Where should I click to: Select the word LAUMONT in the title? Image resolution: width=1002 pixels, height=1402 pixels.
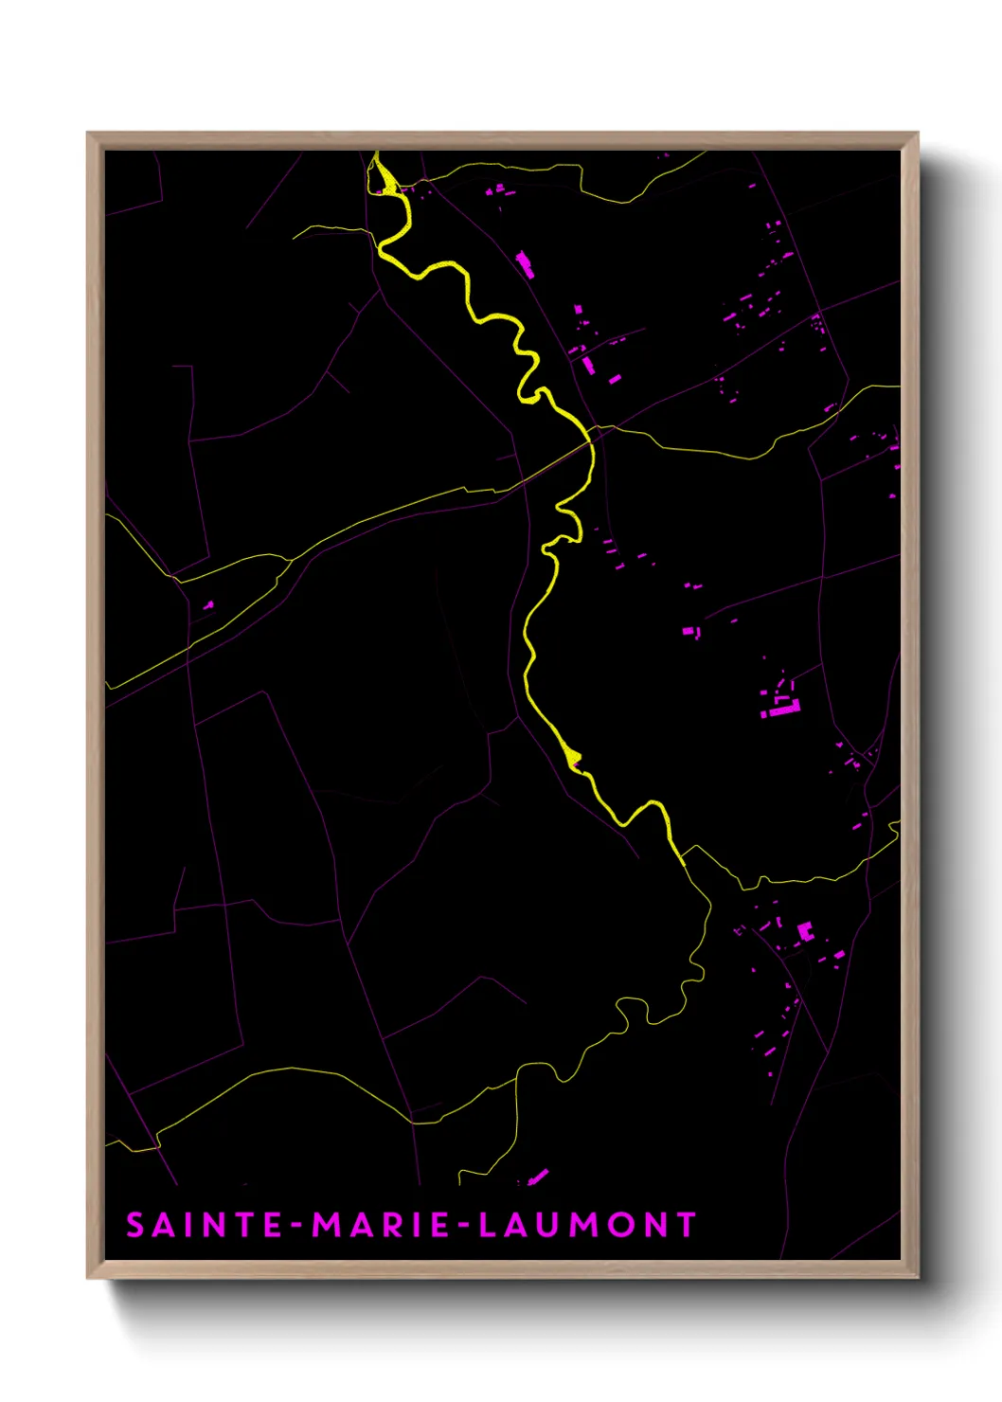(587, 1225)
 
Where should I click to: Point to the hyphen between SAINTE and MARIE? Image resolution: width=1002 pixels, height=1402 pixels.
(297, 1226)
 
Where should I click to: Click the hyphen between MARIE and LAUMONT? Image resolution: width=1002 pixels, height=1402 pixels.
(464, 1226)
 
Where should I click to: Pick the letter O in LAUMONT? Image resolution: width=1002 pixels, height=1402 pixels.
(619, 1225)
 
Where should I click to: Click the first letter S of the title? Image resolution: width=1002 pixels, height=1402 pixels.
(135, 1225)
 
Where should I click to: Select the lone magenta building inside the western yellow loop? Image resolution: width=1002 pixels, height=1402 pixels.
(208, 604)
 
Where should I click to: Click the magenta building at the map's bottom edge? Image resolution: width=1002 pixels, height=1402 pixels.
(538, 1177)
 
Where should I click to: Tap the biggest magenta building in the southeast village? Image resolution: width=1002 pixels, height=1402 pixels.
(805, 931)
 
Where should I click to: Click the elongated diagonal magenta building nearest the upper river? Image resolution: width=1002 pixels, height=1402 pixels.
(524, 263)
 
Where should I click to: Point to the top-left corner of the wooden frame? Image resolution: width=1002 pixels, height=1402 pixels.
(88, 134)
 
